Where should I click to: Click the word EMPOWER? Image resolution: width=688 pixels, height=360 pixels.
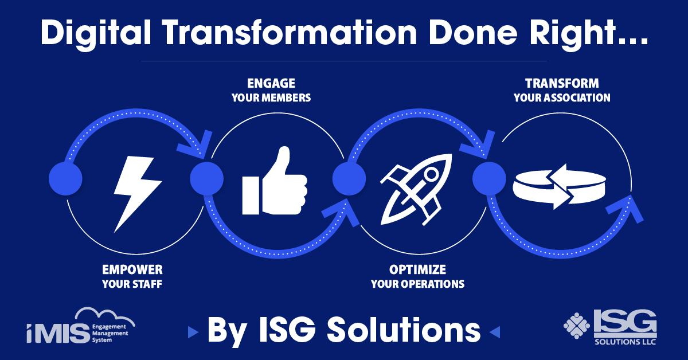pos(132,269)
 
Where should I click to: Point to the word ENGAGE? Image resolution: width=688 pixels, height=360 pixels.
pos(271,83)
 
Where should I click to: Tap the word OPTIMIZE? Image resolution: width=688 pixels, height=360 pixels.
pos(418,269)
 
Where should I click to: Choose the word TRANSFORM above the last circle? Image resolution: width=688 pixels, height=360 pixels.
pos(562,83)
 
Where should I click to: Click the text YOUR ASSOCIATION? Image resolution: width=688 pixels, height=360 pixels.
pos(562,97)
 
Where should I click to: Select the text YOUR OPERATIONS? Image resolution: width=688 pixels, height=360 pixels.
pos(418,284)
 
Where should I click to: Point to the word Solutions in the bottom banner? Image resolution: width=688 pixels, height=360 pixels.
pos(404,330)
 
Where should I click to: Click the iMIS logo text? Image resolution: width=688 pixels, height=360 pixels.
pos(58,333)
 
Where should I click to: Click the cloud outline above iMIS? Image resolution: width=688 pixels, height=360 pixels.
pos(104,316)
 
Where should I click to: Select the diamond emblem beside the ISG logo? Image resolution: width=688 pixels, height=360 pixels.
pos(577,326)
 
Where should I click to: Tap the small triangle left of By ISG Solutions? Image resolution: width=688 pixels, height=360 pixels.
pos(193,332)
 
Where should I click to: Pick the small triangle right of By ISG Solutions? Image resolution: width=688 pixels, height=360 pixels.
pos(494,332)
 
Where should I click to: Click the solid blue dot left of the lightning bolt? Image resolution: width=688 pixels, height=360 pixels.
pos(65,178)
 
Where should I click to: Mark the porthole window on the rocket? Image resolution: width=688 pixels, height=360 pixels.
pos(432,174)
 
